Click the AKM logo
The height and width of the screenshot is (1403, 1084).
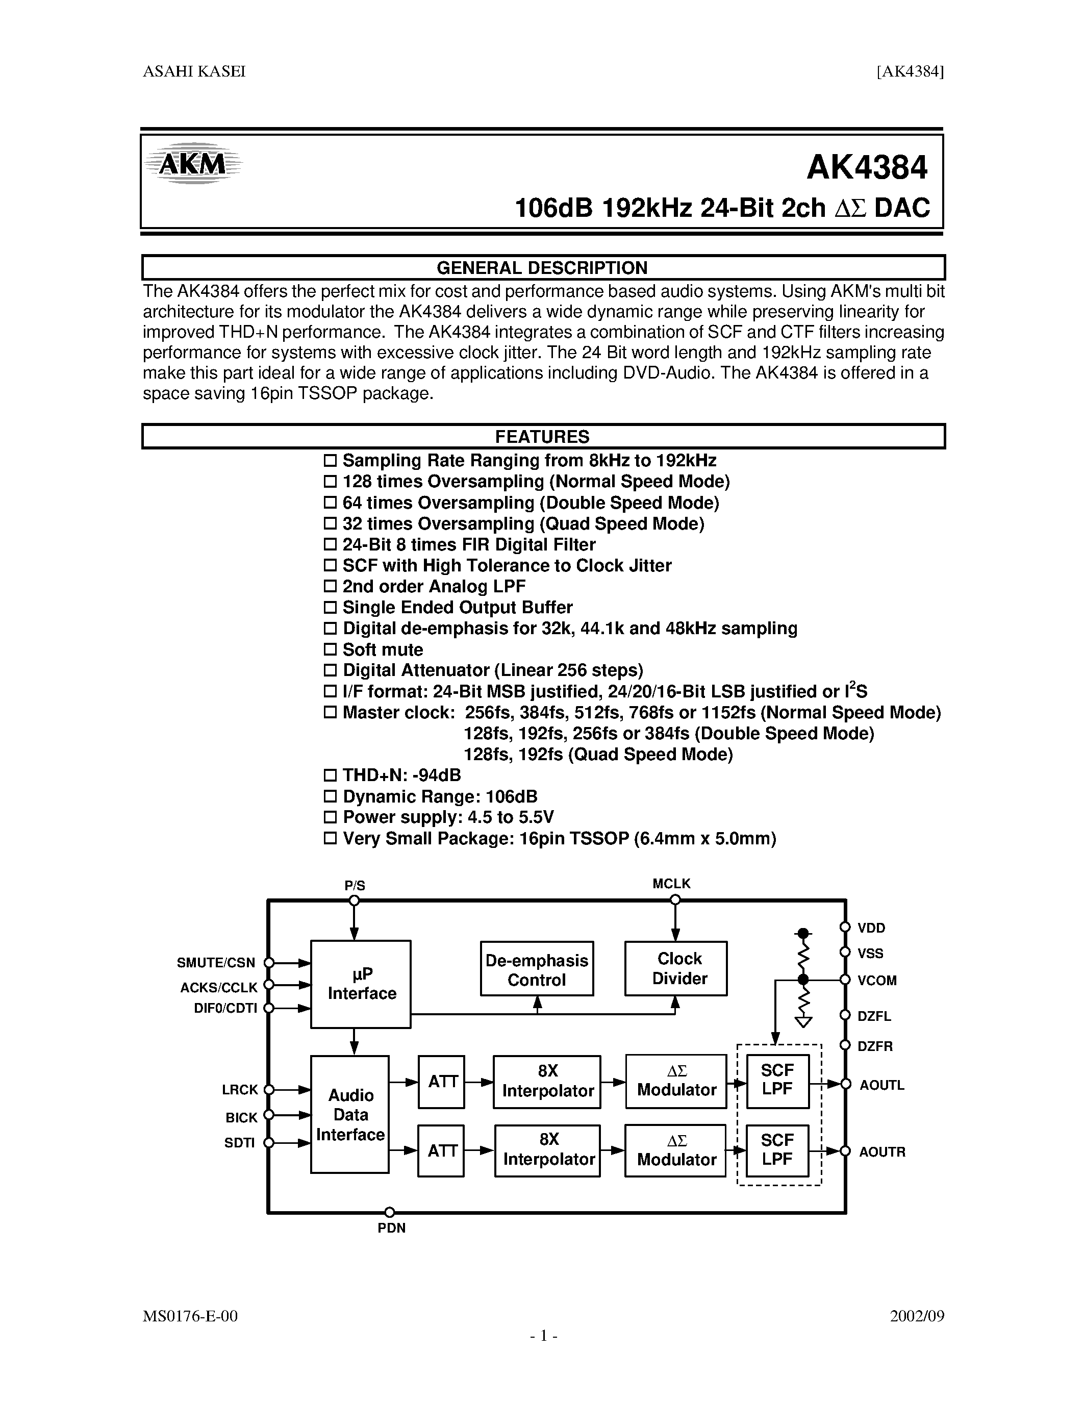click(x=193, y=164)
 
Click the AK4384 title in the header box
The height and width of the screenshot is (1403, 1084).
click(x=866, y=168)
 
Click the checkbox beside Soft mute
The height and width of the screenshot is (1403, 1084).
click(x=330, y=649)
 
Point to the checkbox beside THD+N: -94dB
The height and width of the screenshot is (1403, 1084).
click(x=330, y=775)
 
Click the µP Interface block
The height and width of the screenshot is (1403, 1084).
click(x=361, y=984)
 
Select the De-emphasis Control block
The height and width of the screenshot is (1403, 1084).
click(x=537, y=969)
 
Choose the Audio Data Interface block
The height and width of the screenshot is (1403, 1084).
click(x=350, y=1115)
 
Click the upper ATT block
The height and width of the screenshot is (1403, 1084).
click(x=442, y=1083)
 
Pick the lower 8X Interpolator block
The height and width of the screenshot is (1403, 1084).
click(x=548, y=1150)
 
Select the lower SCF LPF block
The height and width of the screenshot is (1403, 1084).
click(x=777, y=1150)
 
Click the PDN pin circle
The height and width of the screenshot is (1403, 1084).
click(x=389, y=1213)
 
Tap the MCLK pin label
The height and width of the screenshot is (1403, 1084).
click(x=671, y=884)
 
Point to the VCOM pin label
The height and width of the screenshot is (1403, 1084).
click(x=876, y=981)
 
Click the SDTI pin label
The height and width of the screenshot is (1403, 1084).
click(x=240, y=1143)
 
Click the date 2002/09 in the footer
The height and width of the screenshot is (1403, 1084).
click(x=916, y=1316)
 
